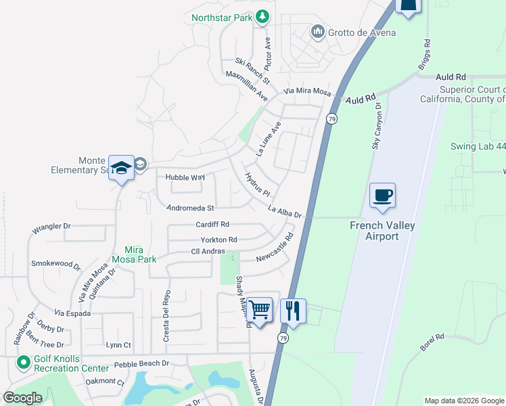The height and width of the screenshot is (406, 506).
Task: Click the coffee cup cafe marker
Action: click(x=382, y=196)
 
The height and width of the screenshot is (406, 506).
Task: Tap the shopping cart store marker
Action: click(x=260, y=311)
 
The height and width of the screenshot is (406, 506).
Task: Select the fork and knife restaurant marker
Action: click(x=293, y=311)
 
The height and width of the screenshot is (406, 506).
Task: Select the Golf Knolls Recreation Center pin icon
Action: click(x=24, y=363)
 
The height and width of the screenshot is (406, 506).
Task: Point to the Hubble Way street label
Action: click(x=185, y=177)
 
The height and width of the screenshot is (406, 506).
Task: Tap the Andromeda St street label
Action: click(x=191, y=208)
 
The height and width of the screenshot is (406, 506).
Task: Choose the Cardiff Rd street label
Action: click(x=212, y=224)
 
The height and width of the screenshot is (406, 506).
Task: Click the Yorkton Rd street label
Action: click(x=218, y=240)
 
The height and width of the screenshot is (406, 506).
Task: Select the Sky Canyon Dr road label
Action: click(x=376, y=126)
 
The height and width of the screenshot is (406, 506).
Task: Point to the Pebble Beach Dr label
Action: click(x=145, y=364)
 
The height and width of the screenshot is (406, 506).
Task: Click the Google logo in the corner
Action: click(x=22, y=398)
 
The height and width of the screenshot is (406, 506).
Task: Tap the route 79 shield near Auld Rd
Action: click(x=331, y=118)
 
